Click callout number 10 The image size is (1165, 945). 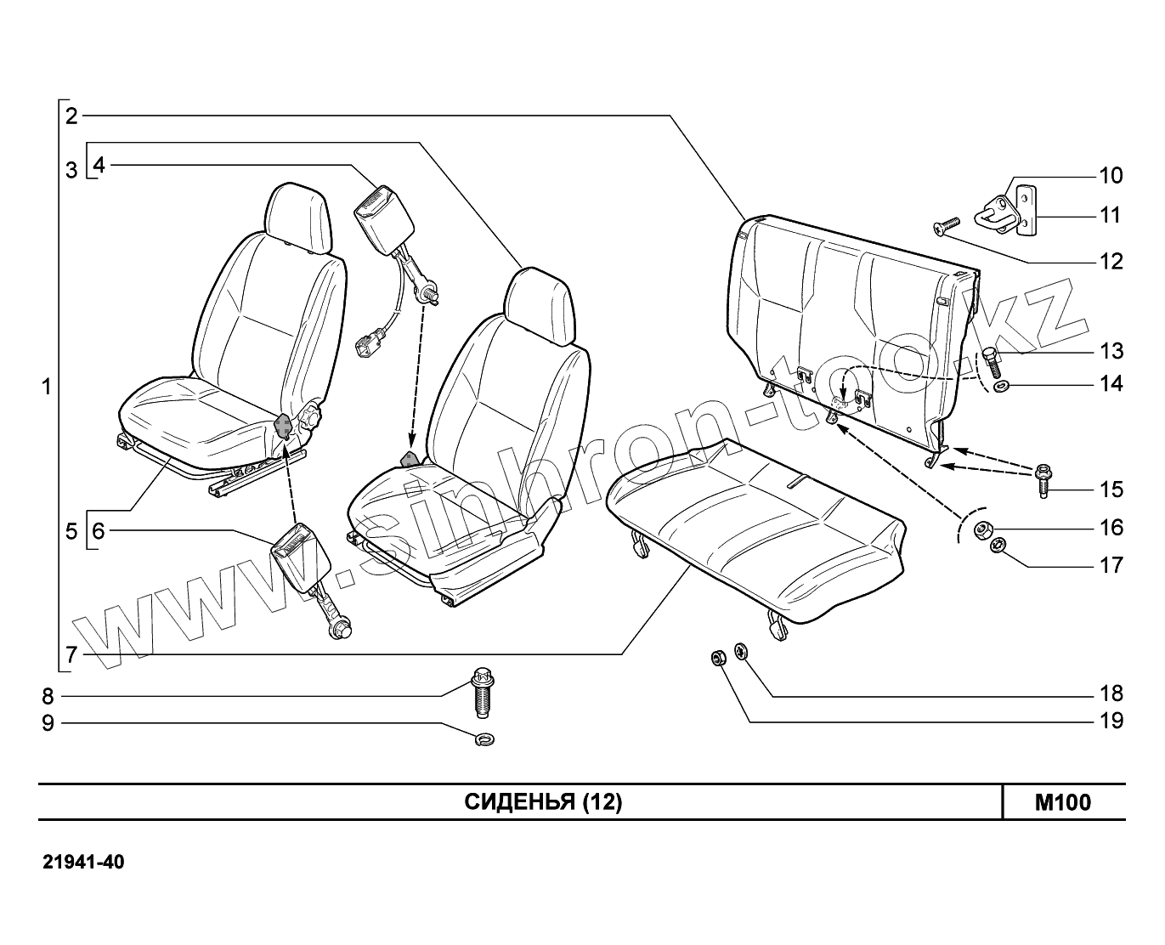(1111, 176)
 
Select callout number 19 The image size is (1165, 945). (1111, 721)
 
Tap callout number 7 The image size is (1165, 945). (71, 654)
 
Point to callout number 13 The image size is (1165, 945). (1111, 351)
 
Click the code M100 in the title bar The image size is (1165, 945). (1062, 802)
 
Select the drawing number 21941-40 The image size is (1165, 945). (83, 863)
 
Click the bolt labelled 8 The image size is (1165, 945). (483, 693)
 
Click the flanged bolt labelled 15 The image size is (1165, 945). (1043, 479)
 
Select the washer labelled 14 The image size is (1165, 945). (1001, 388)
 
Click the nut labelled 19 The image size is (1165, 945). (717, 657)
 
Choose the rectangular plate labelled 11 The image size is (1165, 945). (1029, 209)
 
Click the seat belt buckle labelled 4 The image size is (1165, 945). (382, 211)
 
